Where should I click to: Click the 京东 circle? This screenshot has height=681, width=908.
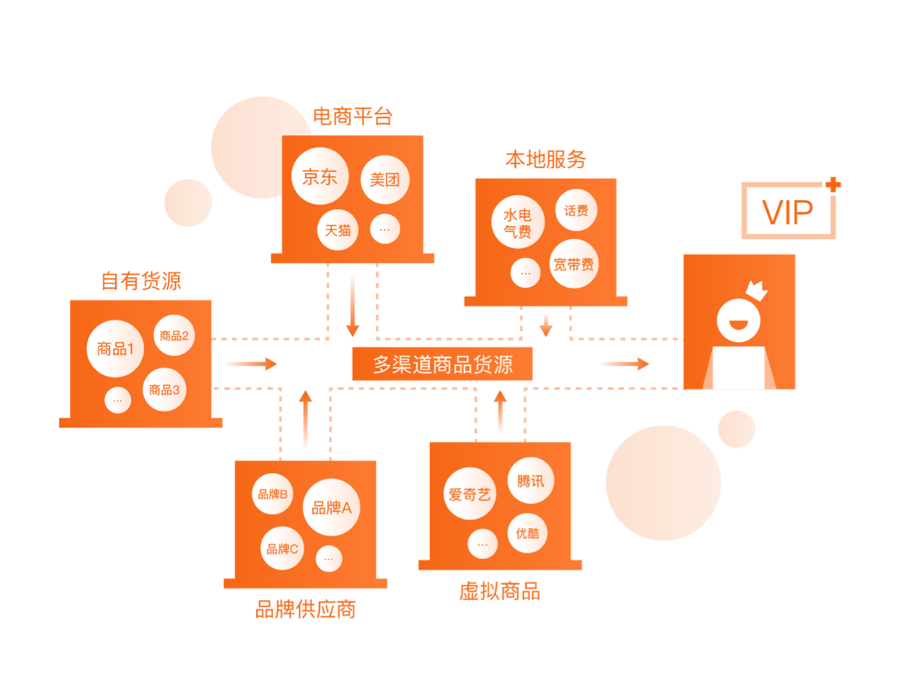[320, 177]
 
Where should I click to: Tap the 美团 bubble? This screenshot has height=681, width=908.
[384, 179]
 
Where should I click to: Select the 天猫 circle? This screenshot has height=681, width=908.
[338, 231]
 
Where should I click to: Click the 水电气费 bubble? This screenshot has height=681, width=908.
[517, 222]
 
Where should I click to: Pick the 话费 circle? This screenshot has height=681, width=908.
[576, 211]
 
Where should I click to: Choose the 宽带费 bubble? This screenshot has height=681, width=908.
[573, 265]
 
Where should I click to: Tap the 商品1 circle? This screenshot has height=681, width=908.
[115, 348]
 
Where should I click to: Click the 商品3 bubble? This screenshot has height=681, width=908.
[165, 389]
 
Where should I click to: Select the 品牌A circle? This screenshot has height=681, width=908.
[331, 507]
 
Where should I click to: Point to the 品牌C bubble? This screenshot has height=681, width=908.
[282, 548]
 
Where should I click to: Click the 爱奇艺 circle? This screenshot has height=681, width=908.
[470, 494]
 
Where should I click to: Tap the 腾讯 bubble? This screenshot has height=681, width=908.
[531, 482]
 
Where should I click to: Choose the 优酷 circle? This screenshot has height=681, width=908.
[528, 533]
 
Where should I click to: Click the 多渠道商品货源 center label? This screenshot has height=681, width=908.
[443, 365]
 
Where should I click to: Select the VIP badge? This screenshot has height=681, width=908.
[787, 211]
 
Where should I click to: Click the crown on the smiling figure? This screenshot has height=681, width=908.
[757, 289]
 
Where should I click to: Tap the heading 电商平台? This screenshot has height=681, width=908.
[353, 116]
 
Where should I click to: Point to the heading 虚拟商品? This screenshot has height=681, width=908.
[499, 591]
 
